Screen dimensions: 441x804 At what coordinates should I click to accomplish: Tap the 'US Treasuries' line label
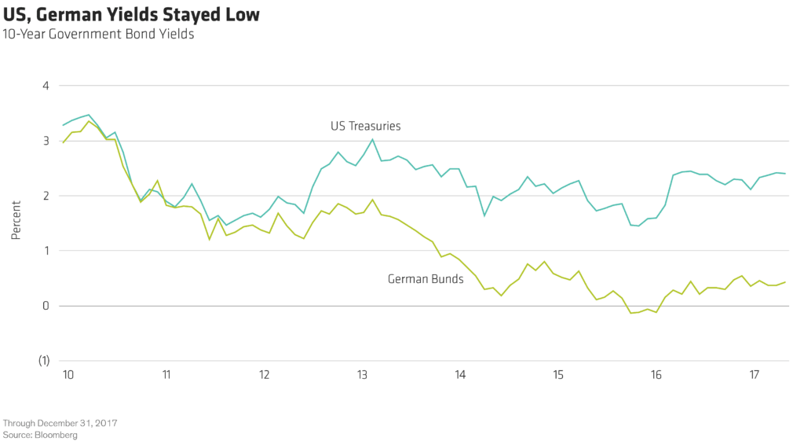pos(365,126)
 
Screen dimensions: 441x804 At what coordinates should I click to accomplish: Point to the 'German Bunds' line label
pos(425,279)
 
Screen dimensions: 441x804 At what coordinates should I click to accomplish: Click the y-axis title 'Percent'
pos(16,223)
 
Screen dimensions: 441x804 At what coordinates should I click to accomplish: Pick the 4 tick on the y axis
pos(45,86)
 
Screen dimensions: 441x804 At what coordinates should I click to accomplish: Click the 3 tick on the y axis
pos(45,141)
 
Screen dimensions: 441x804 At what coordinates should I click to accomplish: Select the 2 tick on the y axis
pos(45,196)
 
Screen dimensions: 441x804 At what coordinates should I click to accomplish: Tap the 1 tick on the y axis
pos(45,251)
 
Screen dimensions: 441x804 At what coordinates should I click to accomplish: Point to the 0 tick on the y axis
pos(45,306)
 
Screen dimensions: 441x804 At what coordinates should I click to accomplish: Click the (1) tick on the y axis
pos(44,361)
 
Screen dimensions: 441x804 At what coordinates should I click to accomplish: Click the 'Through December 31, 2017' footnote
pos(60,423)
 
